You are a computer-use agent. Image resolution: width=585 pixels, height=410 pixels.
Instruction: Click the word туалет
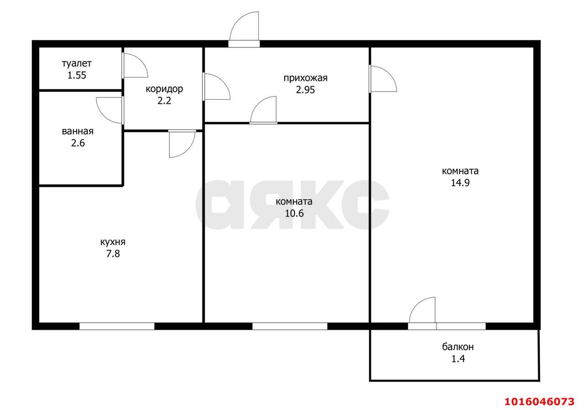[77, 64]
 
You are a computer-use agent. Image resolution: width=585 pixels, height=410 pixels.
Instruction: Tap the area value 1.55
[77, 75]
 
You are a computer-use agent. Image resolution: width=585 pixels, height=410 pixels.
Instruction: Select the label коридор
[164, 89]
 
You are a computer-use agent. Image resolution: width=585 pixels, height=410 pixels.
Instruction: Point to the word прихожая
[306, 78]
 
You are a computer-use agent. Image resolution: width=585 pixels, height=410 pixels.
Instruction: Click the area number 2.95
[306, 90]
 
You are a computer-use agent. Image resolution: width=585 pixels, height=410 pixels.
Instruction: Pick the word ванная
[78, 131]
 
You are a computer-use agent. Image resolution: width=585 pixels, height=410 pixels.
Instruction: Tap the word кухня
[113, 242]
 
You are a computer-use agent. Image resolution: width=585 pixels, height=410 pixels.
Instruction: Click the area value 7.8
[113, 254]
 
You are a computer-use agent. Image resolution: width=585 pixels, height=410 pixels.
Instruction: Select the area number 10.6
[294, 213]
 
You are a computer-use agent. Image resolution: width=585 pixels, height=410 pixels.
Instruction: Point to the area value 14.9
[460, 182]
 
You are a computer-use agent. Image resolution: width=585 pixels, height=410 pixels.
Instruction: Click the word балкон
[458, 347]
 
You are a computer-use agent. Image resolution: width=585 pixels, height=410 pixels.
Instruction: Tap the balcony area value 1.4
[458, 358]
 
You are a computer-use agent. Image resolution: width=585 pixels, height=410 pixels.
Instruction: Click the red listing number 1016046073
[540, 401]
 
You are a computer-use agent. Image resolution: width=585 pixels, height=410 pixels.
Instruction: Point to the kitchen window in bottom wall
[117, 326]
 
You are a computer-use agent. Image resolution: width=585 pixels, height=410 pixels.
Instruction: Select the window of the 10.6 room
[290, 326]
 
